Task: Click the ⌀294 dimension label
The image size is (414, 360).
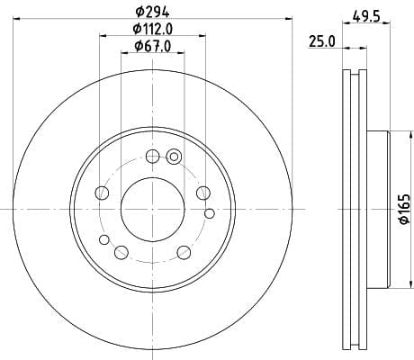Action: pos(152,12)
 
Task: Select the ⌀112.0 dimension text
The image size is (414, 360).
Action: pos(153,29)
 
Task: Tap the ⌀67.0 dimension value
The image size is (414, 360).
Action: pos(153,46)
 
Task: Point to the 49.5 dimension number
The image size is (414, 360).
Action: pos(366,16)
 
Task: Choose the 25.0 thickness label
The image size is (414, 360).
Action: pos(322,41)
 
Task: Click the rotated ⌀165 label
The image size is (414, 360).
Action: pos(404,209)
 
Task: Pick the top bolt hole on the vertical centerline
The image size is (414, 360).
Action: pos(152,156)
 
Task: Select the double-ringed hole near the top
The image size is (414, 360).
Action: pos(174,157)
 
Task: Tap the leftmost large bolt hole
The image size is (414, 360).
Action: pos(102,193)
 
